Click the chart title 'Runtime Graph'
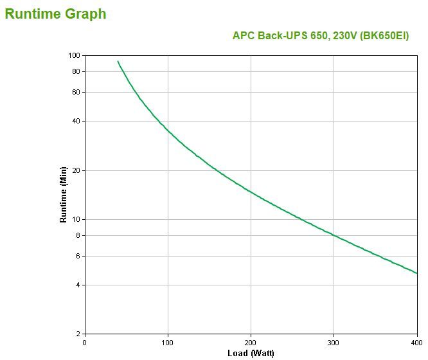[55, 14]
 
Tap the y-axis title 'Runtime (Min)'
[63, 194]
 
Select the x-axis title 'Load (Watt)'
[251, 353]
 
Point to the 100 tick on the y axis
[73, 55]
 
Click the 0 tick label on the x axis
[85, 342]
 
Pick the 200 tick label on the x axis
[251, 342]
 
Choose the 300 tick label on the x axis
[334, 342]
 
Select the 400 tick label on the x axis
[416, 342]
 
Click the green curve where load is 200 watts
[251, 192]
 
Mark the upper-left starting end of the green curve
[118, 62]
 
